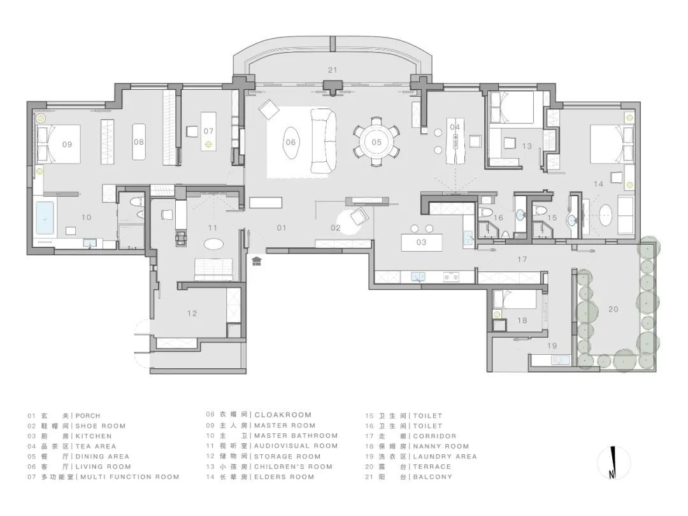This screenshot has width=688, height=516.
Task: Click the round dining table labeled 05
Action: click(376, 141)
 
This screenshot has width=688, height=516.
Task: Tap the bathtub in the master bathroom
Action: click(44, 218)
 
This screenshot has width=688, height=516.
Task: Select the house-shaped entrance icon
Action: click(257, 261)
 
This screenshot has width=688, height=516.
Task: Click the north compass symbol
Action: click(614, 462)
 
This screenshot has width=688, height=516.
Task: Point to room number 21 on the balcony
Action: click(333, 70)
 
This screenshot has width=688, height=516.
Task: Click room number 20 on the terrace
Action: click(613, 310)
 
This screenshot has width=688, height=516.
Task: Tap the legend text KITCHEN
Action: click(94, 436)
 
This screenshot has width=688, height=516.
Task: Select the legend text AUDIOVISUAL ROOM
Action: click(296, 446)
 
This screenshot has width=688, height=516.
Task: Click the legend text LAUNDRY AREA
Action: click(445, 456)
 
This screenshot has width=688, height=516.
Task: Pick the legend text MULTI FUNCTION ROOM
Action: click(130, 477)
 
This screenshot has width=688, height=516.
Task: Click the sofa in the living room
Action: click(324, 141)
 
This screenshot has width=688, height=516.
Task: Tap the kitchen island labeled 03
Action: click(422, 242)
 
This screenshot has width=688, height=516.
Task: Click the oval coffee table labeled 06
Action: click(290, 142)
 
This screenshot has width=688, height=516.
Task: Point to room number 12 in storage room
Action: click(192, 313)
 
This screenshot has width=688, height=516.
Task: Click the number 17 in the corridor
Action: click(522, 259)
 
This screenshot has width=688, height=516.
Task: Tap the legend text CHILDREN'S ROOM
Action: click(294, 466)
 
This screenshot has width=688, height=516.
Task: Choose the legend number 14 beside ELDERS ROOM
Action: click(210, 477)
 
